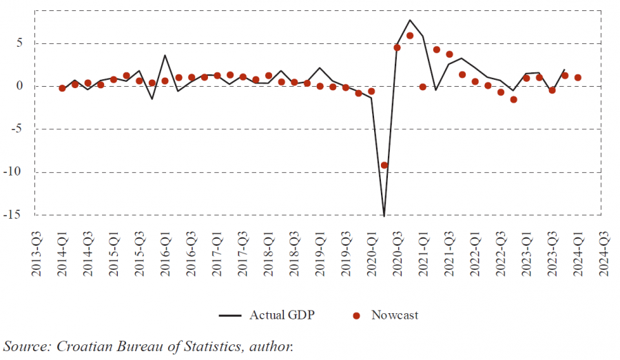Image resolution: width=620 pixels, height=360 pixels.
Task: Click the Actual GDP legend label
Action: (281, 315)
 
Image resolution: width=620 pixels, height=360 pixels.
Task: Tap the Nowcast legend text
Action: (395, 315)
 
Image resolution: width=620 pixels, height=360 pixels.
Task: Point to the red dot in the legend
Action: (356, 316)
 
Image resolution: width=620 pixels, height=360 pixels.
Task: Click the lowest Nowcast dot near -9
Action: (384, 165)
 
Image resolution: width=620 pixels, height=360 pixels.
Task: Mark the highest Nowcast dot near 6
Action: (410, 36)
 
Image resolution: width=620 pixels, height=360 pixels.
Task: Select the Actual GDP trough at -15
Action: (384, 215)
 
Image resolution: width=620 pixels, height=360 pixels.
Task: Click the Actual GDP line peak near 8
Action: (410, 20)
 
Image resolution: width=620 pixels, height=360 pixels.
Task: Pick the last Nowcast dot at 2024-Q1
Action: (578, 78)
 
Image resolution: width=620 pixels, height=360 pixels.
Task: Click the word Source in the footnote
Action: (24, 346)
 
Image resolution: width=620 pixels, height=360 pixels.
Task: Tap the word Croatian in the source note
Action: (84, 346)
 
